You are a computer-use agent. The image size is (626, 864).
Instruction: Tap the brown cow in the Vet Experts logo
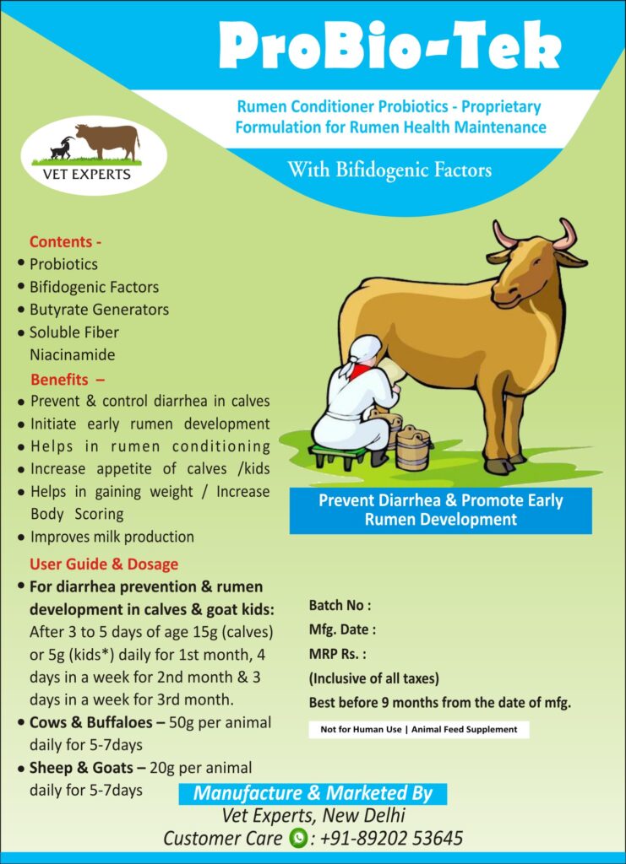[x=108, y=141]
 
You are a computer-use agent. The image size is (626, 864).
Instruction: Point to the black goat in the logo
[x=63, y=148]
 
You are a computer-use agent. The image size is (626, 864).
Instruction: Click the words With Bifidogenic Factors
[x=389, y=170]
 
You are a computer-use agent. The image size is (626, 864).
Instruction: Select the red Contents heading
[x=65, y=242]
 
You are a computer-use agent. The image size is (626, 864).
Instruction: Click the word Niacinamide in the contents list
[x=73, y=354]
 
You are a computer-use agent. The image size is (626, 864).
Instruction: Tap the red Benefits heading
[x=68, y=380]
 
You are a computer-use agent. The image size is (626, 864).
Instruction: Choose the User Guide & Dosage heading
[x=104, y=564]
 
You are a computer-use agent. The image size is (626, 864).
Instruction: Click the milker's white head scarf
[x=361, y=353]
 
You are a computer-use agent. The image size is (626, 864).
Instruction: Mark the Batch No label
[x=340, y=606]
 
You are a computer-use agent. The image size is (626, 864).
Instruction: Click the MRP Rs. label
[x=338, y=654]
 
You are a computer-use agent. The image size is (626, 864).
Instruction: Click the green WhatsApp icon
[x=298, y=839]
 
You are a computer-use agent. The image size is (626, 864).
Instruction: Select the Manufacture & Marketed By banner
[x=313, y=793]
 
